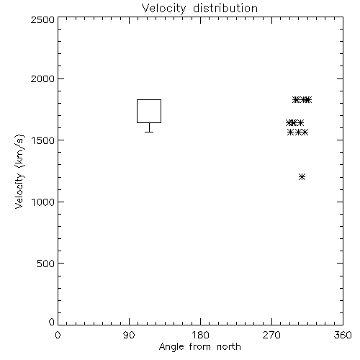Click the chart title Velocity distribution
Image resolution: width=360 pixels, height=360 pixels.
(x=199, y=9)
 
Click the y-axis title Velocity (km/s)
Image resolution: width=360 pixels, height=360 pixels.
(x=19, y=171)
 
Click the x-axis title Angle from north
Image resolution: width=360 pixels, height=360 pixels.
(x=199, y=346)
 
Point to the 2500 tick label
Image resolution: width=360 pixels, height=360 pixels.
(x=42, y=19)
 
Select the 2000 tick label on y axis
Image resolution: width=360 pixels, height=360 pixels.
(x=42, y=78)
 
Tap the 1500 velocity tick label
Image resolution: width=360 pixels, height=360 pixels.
(x=43, y=140)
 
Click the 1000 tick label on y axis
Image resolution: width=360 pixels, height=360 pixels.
(x=43, y=202)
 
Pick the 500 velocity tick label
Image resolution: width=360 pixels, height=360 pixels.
(x=46, y=264)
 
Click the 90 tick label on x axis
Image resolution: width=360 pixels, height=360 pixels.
(x=129, y=335)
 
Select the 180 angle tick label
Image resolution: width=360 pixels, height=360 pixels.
(x=200, y=335)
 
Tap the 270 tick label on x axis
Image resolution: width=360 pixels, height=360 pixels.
(x=271, y=335)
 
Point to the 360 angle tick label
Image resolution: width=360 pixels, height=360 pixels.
(x=343, y=335)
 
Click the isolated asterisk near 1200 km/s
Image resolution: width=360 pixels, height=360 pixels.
(x=302, y=177)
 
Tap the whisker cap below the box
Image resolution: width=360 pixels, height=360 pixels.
(x=149, y=132)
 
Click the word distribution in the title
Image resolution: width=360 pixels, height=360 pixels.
(x=225, y=9)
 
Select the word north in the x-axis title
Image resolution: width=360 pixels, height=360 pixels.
(x=229, y=346)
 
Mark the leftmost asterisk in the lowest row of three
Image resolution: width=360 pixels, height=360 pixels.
(x=290, y=132)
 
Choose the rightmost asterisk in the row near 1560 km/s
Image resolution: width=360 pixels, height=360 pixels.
(x=305, y=132)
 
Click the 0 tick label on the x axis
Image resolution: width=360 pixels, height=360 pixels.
(x=58, y=335)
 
